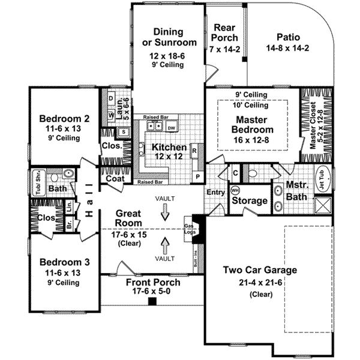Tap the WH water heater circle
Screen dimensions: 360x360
(x=235, y=190)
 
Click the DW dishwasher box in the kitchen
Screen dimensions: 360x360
(x=171, y=128)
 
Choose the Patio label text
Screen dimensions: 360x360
(x=287, y=35)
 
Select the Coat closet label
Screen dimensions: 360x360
(x=115, y=178)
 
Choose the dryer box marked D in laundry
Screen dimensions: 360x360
(x=111, y=97)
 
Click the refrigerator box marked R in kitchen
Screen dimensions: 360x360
(x=194, y=150)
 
